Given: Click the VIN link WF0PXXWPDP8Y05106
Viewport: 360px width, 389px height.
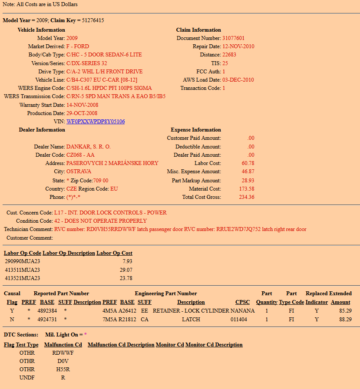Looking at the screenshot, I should [x=96, y=122].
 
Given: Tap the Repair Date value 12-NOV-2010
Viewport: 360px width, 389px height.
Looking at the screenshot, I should [x=238, y=46].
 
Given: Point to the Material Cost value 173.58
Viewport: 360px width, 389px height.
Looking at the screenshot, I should [x=247, y=189].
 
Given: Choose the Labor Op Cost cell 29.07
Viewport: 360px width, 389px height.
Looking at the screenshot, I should [x=126, y=270].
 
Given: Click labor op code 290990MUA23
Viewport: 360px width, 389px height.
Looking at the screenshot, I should [x=22, y=261].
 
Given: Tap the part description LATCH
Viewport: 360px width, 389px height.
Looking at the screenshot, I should [x=191, y=320].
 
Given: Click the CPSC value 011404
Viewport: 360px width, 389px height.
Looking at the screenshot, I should [x=239, y=320].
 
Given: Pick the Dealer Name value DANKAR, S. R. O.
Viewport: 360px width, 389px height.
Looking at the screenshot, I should [x=89, y=147].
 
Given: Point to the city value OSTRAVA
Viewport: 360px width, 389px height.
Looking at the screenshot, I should [x=79, y=171].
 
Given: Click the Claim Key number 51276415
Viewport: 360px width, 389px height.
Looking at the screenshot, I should [x=93, y=20].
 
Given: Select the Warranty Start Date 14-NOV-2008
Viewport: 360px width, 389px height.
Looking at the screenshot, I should [x=83, y=105].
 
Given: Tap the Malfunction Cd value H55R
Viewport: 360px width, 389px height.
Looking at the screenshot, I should [x=63, y=369].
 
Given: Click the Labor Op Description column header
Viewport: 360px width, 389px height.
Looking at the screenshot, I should [x=69, y=253].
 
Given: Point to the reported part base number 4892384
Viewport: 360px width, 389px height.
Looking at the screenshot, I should [x=48, y=311].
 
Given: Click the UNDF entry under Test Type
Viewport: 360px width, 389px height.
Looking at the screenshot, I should [x=27, y=378].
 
